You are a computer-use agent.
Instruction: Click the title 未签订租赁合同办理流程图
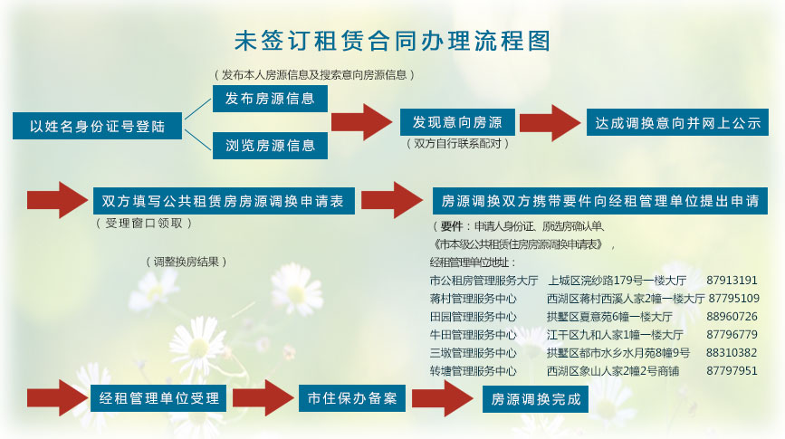coord(393,41)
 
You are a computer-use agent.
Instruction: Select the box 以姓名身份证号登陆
coord(97,126)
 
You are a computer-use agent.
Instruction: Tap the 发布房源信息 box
coord(270,99)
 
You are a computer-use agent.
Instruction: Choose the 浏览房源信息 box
coord(270,146)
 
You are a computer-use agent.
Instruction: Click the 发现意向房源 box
coord(457,122)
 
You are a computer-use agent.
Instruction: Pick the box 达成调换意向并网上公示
coord(677,122)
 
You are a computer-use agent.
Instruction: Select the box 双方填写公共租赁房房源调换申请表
coord(224,201)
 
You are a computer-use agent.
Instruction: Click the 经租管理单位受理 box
coord(158,398)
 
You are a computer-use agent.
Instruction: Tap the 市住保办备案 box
coord(352,398)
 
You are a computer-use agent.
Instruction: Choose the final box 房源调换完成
coord(535,399)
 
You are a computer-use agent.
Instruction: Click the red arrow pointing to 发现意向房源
coord(361,122)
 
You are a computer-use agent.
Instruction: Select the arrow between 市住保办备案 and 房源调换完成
coord(443,398)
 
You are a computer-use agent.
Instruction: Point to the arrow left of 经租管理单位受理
coord(58,398)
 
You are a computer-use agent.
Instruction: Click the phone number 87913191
coord(732,281)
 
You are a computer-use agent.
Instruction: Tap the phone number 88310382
coord(732,353)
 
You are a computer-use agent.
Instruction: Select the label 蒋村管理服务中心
coord(474,299)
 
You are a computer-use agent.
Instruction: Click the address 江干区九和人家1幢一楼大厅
coord(615,335)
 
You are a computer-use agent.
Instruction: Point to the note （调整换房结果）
coord(187,262)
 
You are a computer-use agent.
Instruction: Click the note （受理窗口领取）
coord(144,224)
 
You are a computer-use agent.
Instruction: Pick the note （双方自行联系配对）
coord(457,144)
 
